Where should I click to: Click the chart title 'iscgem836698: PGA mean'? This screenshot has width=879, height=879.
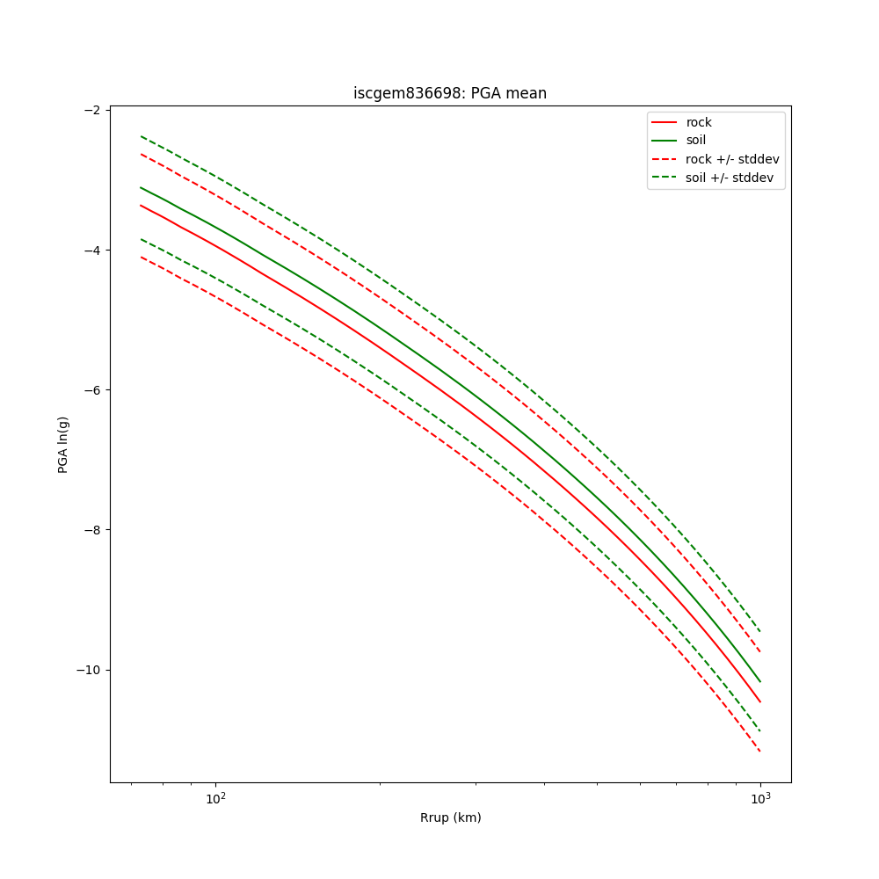(x=450, y=93)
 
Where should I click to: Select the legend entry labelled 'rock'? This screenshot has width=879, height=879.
(x=699, y=122)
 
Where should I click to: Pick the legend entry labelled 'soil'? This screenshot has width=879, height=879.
(x=695, y=141)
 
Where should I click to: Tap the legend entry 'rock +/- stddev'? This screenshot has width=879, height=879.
(x=732, y=159)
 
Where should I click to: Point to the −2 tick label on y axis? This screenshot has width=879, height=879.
(x=92, y=110)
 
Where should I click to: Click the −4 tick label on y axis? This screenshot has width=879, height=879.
(x=92, y=250)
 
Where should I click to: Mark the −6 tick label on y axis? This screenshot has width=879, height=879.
(x=92, y=390)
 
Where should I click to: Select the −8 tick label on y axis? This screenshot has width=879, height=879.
(x=92, y=530)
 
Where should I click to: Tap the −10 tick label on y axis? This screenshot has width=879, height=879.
(x=89, y=670)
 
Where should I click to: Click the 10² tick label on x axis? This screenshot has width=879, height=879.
(x=215, y=797)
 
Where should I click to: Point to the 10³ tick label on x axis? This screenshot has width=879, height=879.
(x=760, y=797)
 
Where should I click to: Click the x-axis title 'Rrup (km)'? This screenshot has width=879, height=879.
(x=450, y=817)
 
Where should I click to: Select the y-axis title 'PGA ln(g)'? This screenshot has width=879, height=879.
(x=63, y=446)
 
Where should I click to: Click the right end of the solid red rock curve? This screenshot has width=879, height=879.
(x=760, y=701)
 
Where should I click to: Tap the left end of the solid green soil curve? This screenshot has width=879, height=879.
(x=141, y=187)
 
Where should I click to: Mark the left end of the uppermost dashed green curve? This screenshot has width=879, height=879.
(x=141, y=136)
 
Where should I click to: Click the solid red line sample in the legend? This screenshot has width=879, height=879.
(x=665, y=122)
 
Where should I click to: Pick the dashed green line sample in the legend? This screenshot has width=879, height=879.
(x=665, y=178)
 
